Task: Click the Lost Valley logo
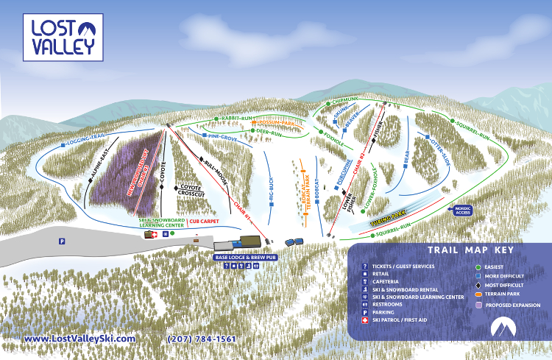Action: pos(63,37)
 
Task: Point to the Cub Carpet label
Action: pos(205,220)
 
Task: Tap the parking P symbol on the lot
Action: pos(62,240)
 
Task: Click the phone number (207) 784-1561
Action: pos(202,339)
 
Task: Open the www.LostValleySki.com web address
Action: pos(80,339)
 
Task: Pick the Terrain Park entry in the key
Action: pos(503,293)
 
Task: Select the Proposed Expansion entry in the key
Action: pos(512,305)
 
